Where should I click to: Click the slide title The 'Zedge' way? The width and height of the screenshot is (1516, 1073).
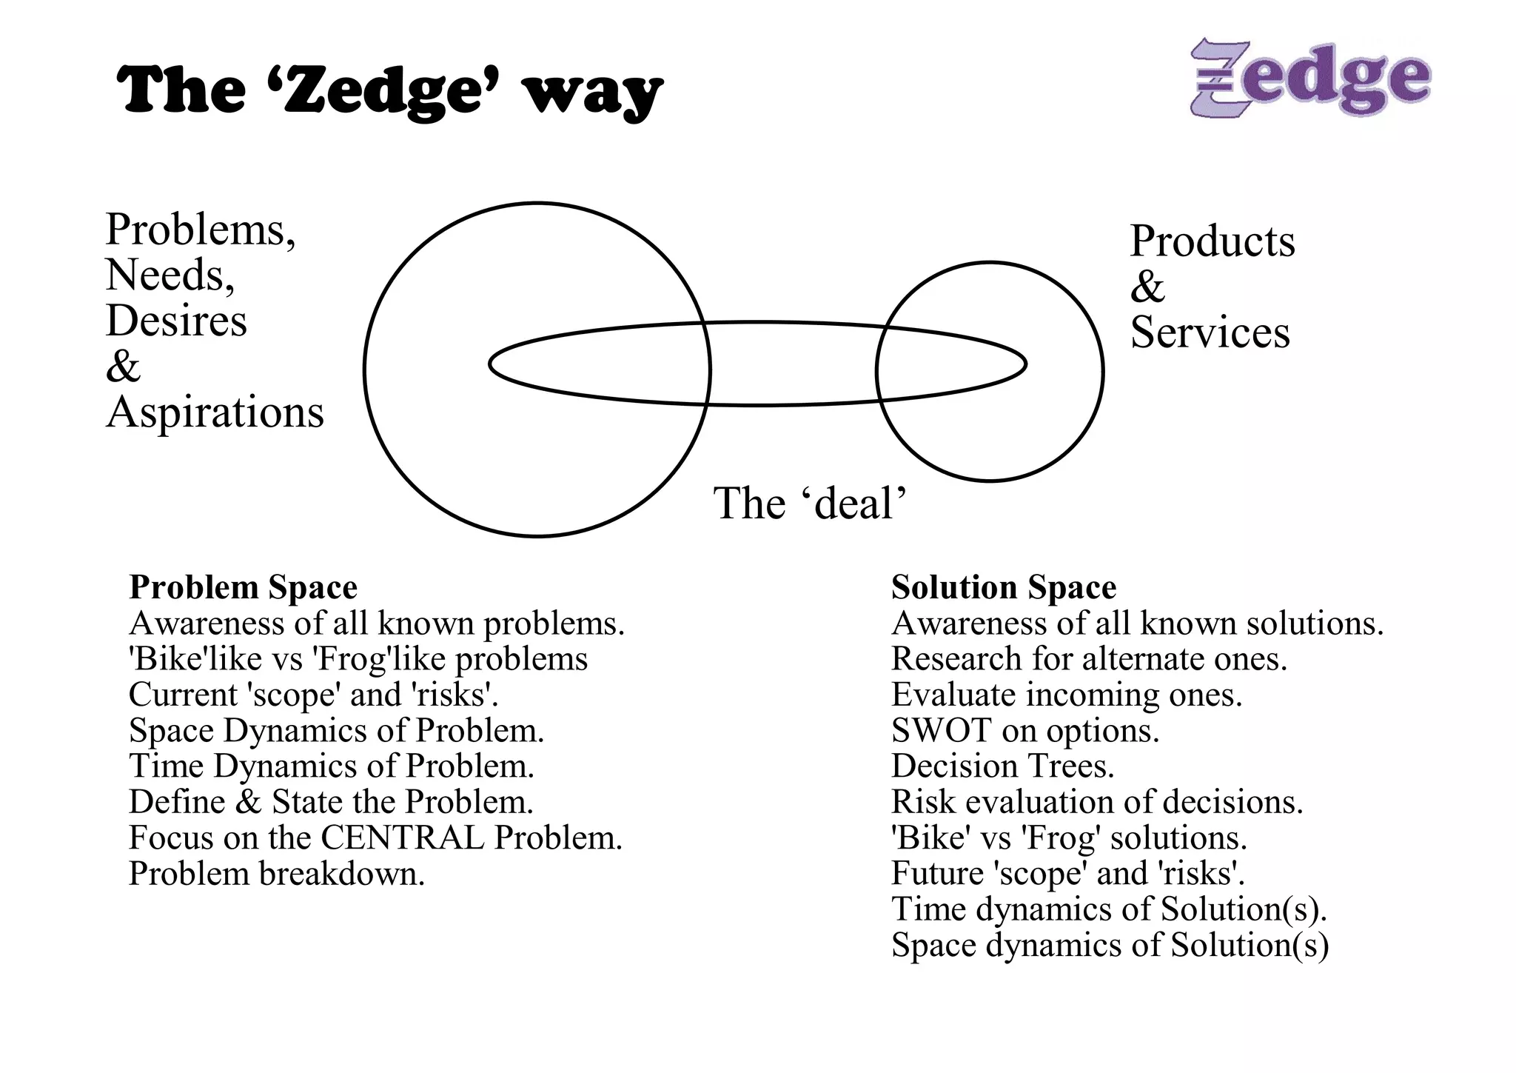389,91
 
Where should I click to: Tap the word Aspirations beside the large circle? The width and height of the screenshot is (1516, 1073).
215,412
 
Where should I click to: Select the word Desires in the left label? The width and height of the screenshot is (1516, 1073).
176,321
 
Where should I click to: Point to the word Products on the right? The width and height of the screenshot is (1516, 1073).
1213,241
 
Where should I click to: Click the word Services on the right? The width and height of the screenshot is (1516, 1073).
1210,332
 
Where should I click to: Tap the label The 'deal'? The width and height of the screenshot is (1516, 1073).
810,504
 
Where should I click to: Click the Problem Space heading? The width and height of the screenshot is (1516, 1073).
243,587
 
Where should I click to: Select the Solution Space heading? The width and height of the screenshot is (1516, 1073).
1004,587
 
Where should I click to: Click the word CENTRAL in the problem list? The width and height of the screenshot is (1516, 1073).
403,838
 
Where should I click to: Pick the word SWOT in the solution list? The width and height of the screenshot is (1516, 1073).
940,731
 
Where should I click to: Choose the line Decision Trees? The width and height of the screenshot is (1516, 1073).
1002,766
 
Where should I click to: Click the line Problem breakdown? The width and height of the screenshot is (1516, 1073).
277,874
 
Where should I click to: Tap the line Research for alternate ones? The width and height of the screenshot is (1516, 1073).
1089,659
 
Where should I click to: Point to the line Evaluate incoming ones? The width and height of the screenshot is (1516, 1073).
1067,695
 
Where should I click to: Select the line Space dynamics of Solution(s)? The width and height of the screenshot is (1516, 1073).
1110,946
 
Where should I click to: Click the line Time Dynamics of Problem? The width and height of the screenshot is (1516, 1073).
332,766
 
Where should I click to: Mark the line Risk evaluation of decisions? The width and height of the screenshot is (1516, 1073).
1097,802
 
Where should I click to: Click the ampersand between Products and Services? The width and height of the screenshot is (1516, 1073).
1147,287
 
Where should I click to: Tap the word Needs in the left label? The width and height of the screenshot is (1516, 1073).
170,275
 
